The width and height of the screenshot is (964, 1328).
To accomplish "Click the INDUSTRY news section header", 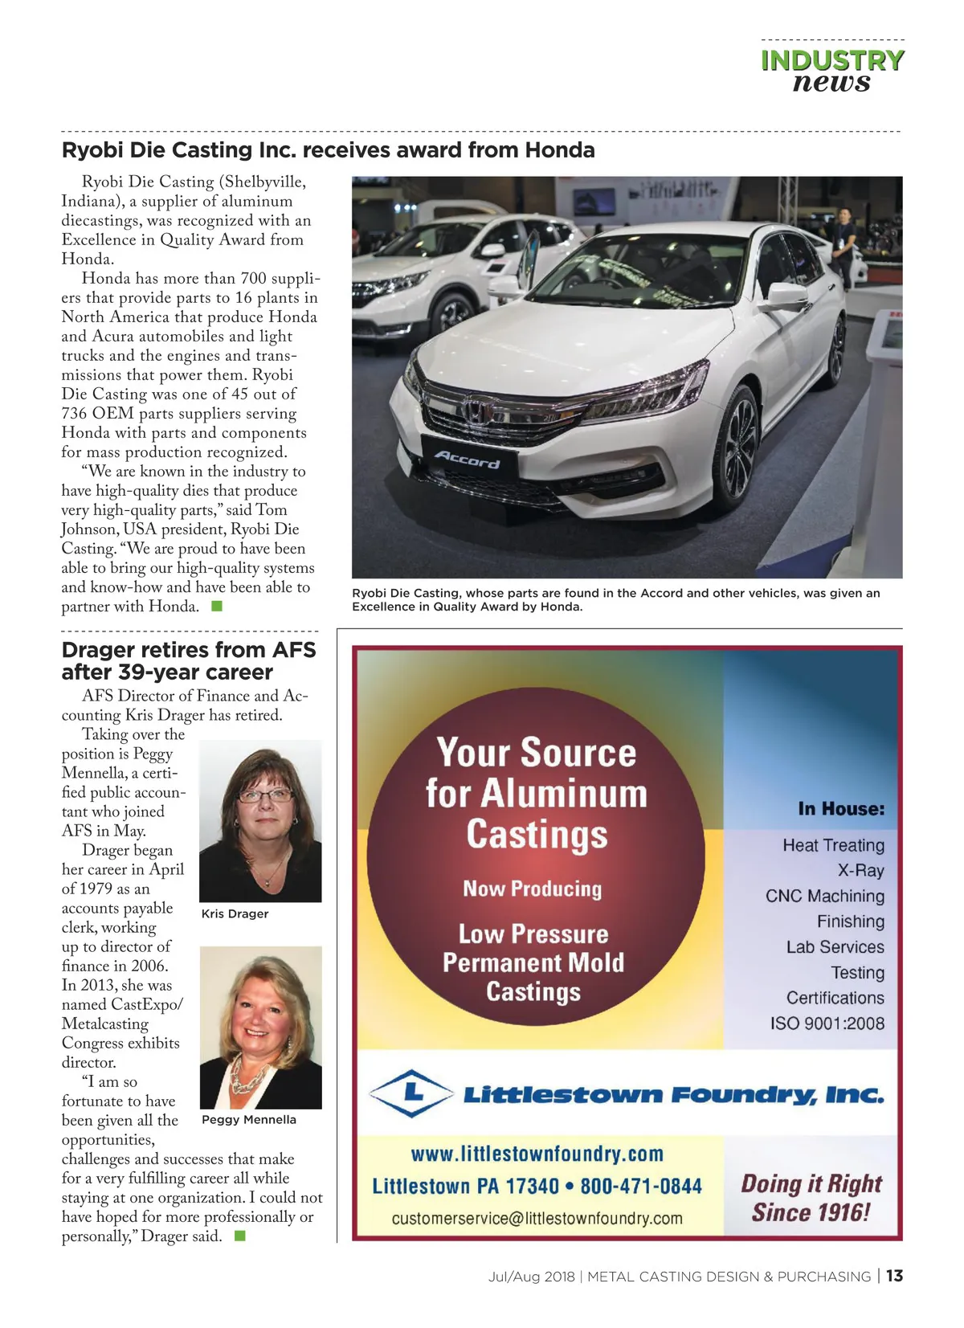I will (x=831, y=71).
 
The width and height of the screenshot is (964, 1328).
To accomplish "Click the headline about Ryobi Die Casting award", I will (x=328, y=150).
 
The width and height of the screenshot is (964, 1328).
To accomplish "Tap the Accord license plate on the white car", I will (x=468, y=460).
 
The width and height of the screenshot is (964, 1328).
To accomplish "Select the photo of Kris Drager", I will (x=260, y=820).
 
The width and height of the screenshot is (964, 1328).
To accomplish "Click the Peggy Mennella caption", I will (x=249, y=1119).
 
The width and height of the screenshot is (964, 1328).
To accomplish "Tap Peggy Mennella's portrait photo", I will (x=260, y=1027).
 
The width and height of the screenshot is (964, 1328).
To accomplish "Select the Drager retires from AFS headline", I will (x=189, y=660).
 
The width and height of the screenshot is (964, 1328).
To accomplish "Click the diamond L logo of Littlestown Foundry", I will (x=412, y=1093).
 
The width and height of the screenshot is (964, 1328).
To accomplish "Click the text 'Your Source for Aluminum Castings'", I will (x=537, y=793).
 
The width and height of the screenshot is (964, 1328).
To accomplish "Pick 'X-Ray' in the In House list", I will (x=860, y=870).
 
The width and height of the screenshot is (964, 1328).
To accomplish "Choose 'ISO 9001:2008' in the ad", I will (x=827, y=1024).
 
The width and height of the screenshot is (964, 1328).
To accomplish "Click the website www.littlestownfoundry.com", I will (x=537, y=1154).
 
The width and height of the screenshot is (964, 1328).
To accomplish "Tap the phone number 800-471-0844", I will (x=641, y=1187).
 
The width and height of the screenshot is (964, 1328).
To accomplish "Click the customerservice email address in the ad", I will (x=537, y=1218).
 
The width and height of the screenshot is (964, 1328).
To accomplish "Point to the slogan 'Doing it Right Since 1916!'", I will (x=811, y=1197).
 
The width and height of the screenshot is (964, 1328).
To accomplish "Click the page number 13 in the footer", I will (x=895, y=1276).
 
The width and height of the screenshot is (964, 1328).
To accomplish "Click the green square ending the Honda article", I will (x=216, y=607).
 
